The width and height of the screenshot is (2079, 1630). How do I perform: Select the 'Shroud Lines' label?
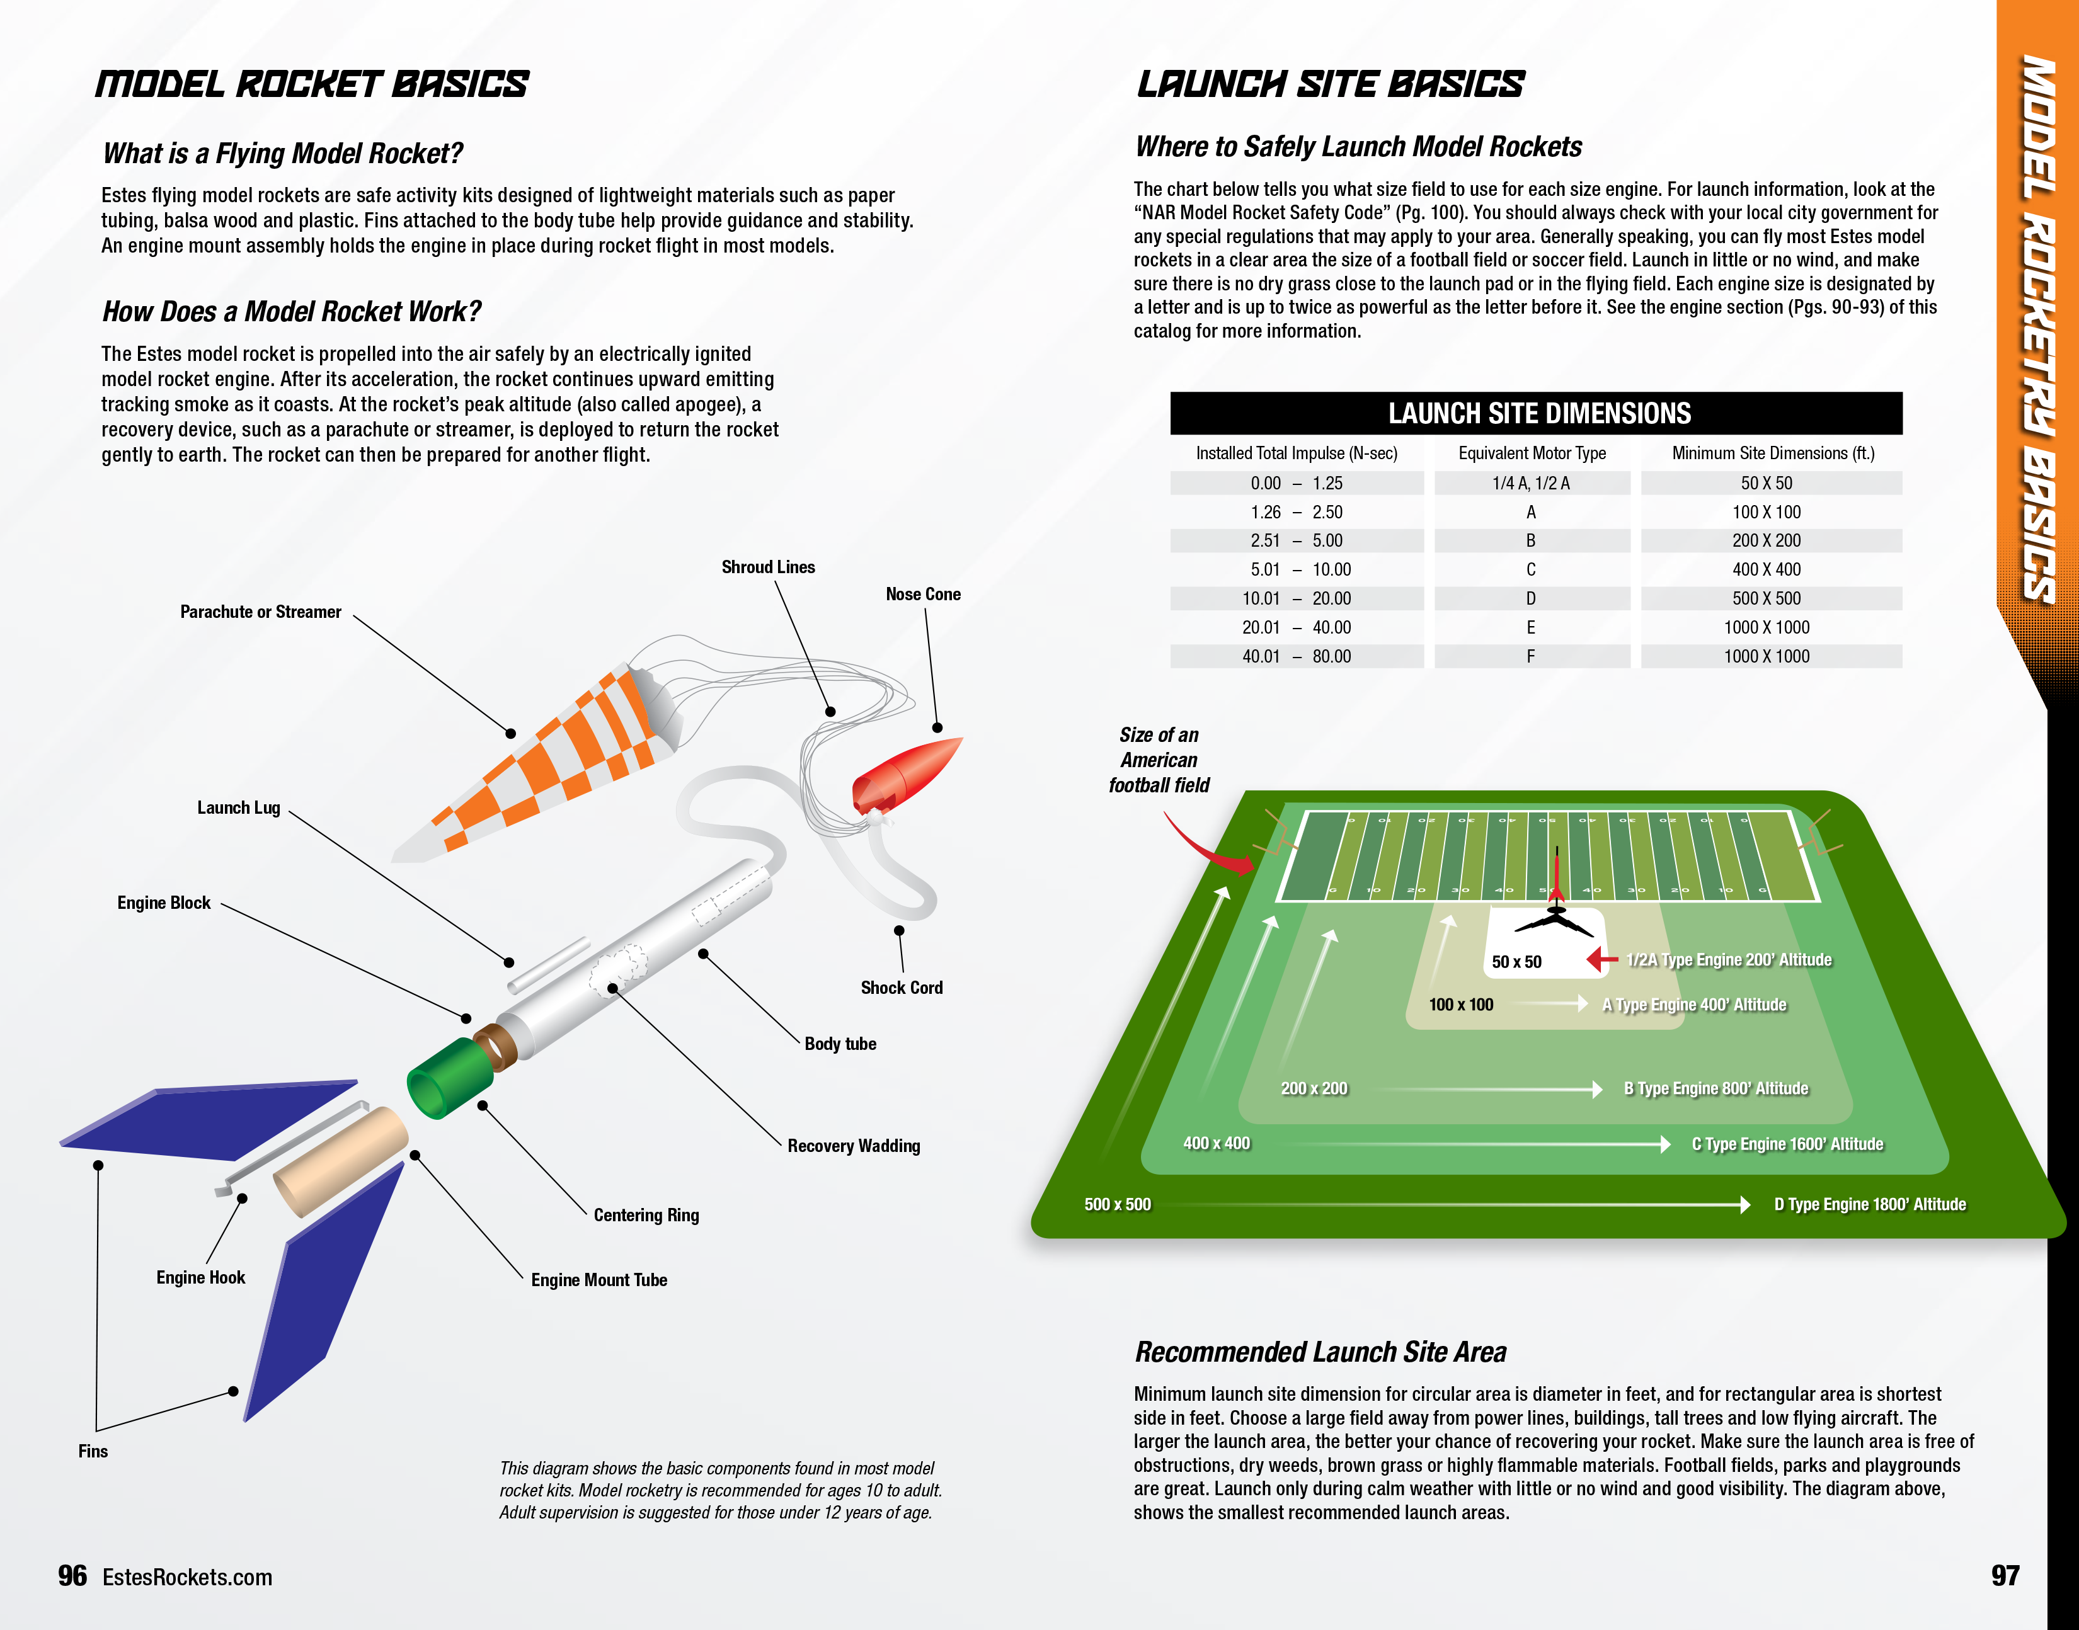pos(769,567)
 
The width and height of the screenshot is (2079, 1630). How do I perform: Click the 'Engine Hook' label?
pos(200,1278)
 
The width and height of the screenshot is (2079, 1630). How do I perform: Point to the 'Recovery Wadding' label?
pos(854,1146)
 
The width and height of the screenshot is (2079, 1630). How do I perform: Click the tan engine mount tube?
pos(341,1161)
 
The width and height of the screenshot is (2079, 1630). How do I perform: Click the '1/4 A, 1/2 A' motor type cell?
pos(1531,483)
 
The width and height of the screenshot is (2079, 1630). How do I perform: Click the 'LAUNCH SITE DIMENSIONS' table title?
pos(1538,413)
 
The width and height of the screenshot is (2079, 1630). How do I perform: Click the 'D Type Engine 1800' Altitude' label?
pos(1870,1204)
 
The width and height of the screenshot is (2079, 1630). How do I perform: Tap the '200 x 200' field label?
pos(1314,1089)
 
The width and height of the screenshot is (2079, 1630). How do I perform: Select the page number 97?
pos(2005,1576)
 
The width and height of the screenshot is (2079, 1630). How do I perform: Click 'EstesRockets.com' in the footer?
pos(187,1578)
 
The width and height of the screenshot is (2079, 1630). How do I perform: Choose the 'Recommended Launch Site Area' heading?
pos(1320,1352)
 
